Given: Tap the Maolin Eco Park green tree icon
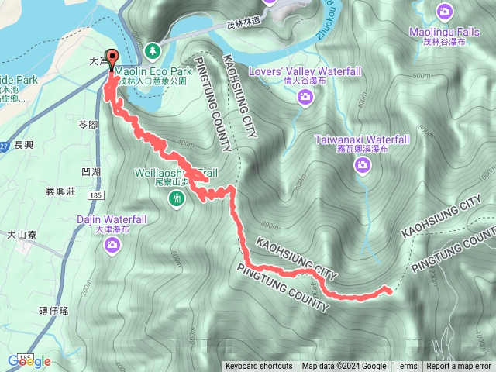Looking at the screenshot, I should pyautogui.click(x=153, y=50).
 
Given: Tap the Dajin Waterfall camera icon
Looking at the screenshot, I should pyautogui.click(x=113, y=246).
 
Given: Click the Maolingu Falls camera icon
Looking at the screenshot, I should pyautogui.click(x=444, y=11).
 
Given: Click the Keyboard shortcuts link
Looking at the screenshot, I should pyautogui.click(x=259, y=367).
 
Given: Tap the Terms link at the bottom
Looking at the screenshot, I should pyautogui.click(x=406, y=367).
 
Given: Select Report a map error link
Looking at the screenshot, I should pyautogui.click(x=459, y=367).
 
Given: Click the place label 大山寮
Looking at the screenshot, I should pyautogui.click(x=22, y=233).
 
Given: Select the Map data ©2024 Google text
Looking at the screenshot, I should pyautogui.click(x=344, y=367).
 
